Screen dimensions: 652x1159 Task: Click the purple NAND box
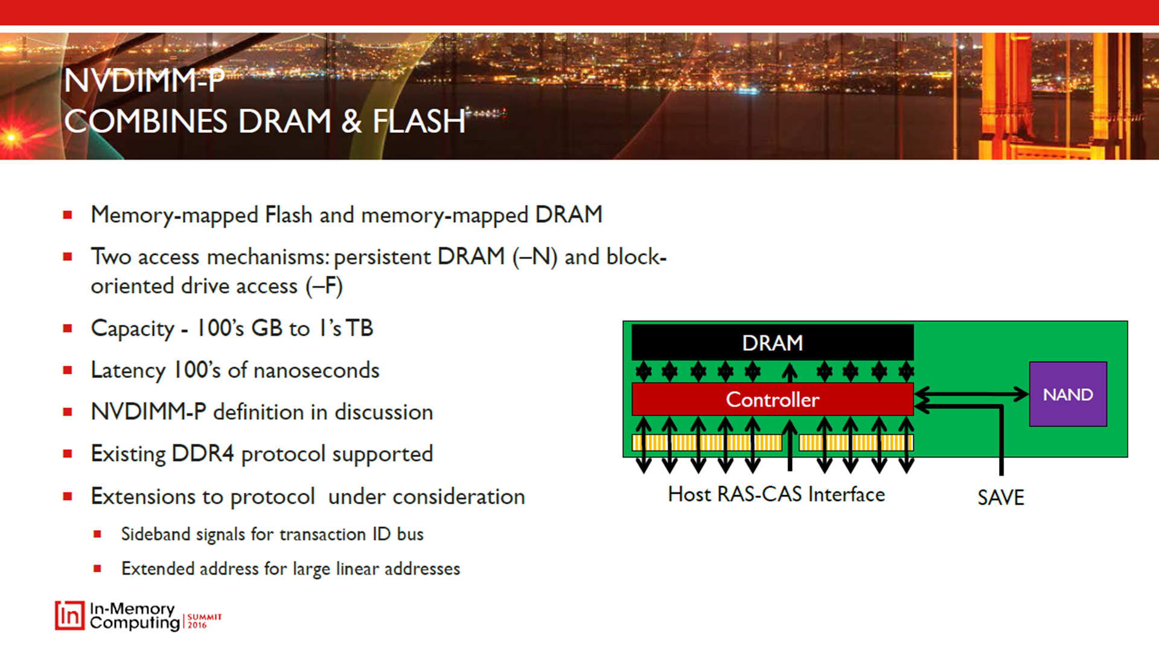(1067, 394)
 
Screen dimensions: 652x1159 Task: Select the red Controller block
(772, 399)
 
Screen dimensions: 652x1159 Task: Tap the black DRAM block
(772, 343)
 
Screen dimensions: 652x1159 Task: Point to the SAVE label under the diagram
(1000, 497)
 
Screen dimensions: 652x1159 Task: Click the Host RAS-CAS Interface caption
(776, 494)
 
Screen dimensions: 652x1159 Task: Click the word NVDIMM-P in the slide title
(144, 81)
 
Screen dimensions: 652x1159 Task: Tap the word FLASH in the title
(419, 121)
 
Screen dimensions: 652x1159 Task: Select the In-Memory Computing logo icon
(69, 616)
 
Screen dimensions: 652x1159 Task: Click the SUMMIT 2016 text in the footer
(204, 621)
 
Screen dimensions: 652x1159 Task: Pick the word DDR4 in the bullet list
(202, 453)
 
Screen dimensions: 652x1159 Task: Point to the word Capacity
(132, 328)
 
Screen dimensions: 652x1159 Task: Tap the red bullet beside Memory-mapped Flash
(68, 215)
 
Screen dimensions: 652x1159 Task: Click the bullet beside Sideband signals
(97, 534)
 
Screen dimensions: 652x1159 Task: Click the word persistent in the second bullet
(382, 257)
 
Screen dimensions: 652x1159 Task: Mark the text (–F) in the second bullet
(324, 286)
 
